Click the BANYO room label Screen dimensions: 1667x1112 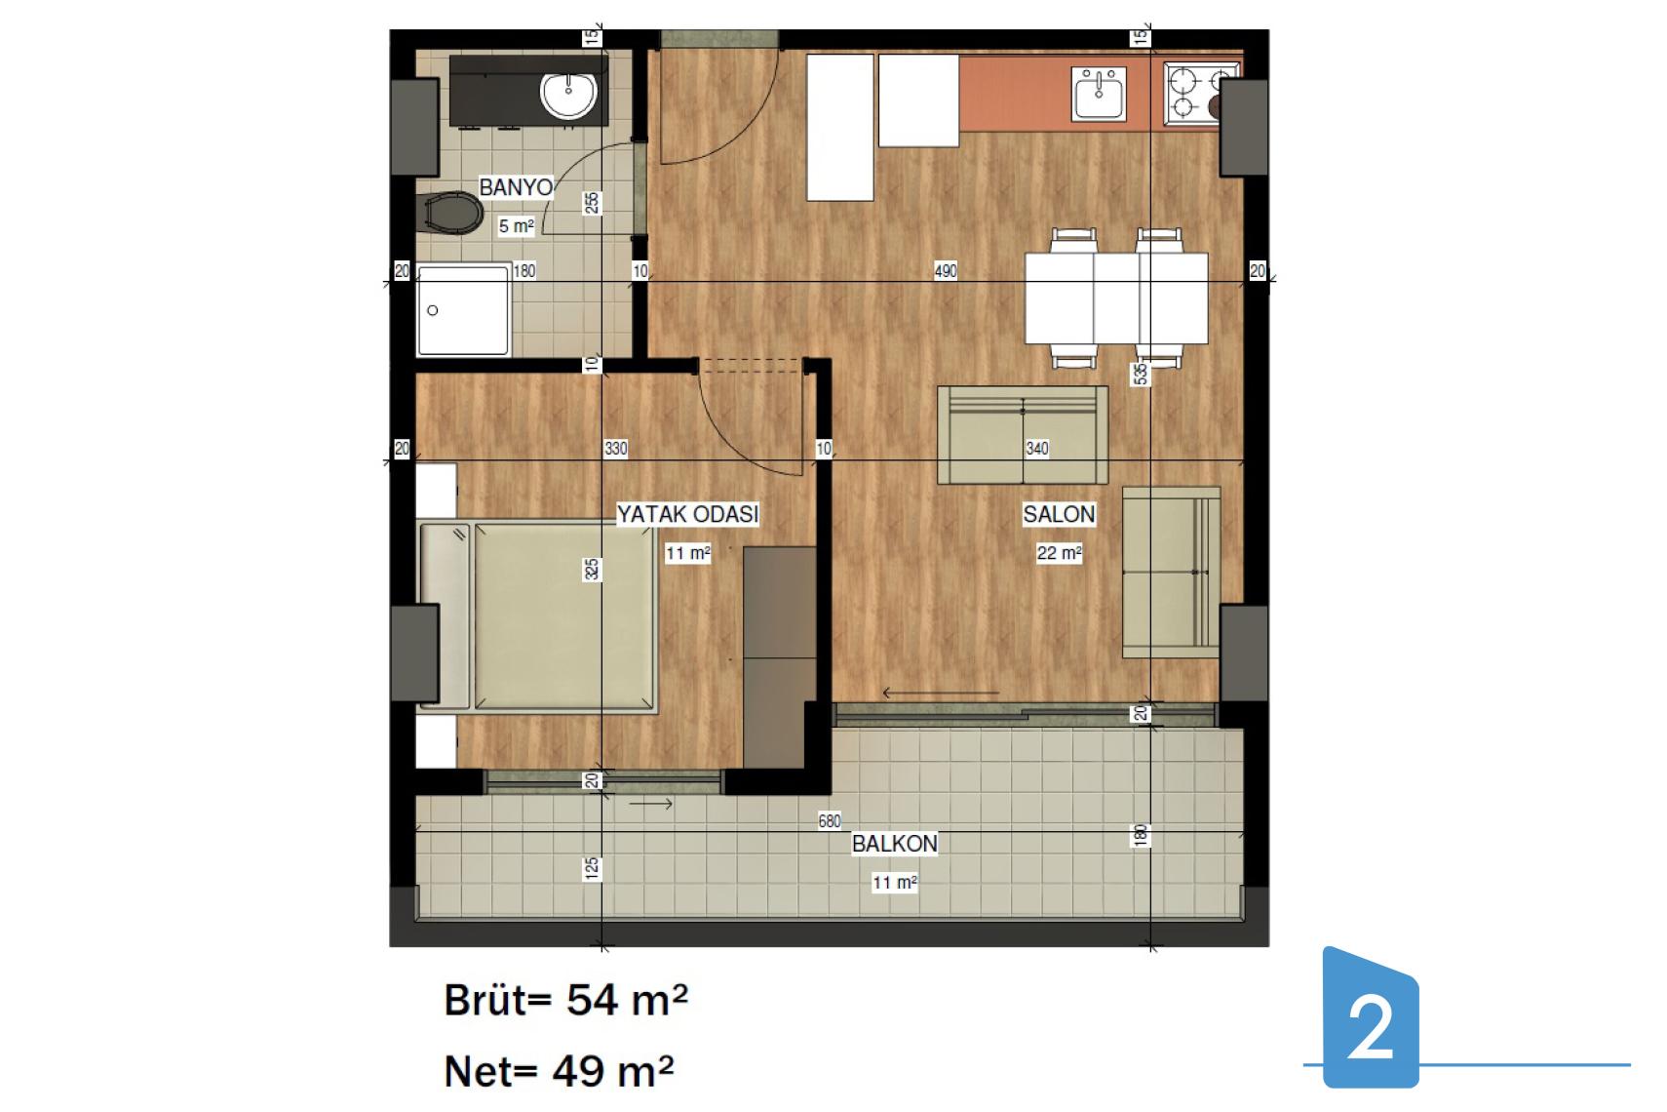tap(516, 187)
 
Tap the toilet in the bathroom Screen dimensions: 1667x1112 tap(449, 213)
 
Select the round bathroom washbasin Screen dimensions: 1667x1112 tap(568, 95)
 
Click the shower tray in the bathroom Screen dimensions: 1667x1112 tap(463, 310)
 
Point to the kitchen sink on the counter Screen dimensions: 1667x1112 tap(1099, 94)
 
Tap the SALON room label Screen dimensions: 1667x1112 tap(1059, 514)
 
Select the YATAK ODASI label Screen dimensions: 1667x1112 tap(687, 514)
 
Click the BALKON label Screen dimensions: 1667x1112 tap(895, 844)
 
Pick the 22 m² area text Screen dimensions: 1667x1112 tap(1059, 553)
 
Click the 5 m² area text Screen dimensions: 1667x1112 tap(517, 225)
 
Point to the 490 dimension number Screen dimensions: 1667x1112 tap(946, 271)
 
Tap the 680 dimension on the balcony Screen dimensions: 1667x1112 tap(830, 820)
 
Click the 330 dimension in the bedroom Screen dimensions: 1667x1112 tap(615, 449)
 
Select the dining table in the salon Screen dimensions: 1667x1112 tap(1116, 298)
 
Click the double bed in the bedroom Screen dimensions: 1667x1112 tap(538, 616)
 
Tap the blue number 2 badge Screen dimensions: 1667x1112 tap(1371, 1017)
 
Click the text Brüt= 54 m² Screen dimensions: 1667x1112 tap(565, 1000)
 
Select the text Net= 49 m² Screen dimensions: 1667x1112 tap(559, 1071)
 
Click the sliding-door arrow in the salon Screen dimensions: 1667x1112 tap(941, 694)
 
